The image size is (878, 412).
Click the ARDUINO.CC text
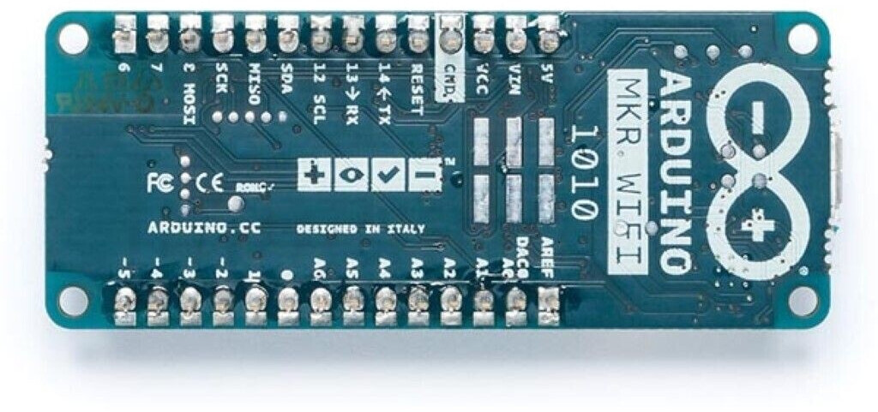tap(204, 228)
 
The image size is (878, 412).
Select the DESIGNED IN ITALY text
tap(359, 229)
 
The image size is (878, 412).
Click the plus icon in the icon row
tap(315, 175)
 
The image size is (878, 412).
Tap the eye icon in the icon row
tap(352, 175)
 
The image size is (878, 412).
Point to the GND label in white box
tap(449, 80)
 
